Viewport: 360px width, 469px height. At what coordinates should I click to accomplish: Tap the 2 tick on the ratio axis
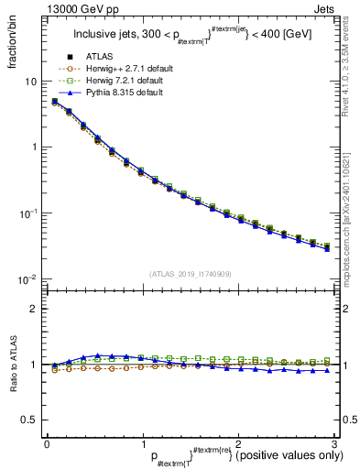pos(33,309)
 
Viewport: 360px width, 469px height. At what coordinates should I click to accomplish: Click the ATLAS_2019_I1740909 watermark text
pos(190,274)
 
